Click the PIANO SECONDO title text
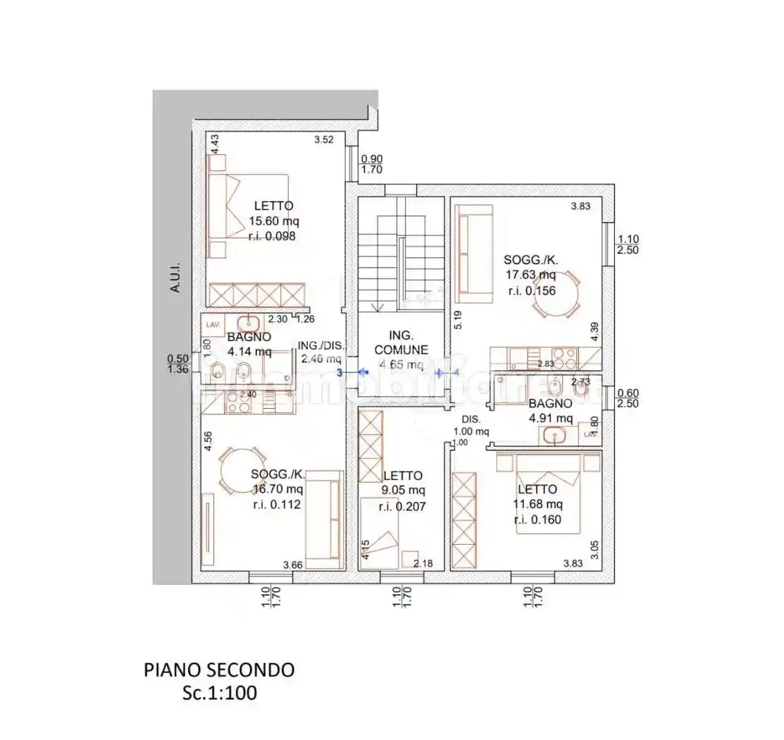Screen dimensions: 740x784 [219, 670]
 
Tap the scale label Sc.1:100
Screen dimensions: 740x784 [220, 693]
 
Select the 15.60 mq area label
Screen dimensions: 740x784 [271, 221]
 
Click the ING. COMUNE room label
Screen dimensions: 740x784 [401, 343]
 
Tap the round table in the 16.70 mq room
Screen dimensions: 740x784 [242, 471]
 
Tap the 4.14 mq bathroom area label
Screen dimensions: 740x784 [249, 352]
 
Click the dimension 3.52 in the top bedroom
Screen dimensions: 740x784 [323, 140]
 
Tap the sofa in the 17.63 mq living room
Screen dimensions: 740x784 [473, 254]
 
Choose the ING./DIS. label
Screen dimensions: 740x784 [321, 345]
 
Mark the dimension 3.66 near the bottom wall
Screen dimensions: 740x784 [292, 565]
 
